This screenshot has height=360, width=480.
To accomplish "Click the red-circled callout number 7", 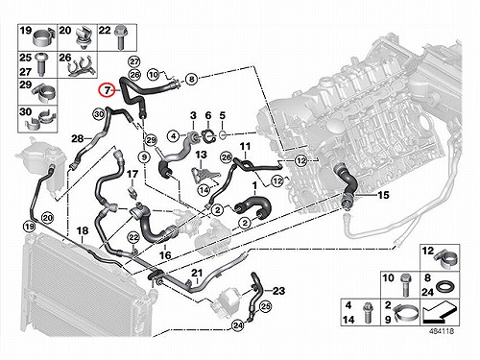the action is [x=107, y=90].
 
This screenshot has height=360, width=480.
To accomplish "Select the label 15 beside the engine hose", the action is [x=383, y=195].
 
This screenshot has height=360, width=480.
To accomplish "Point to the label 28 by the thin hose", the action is [x=78, y=138].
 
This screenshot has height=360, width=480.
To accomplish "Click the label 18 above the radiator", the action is [x=83, y=230].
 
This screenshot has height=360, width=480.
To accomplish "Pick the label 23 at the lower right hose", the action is [x=278, y=291].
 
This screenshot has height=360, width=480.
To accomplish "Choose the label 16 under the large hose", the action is [x=165, y=255].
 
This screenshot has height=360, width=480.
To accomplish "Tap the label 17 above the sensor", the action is [x=132, y=174].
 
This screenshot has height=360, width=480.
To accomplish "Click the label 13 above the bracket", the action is [x=201, y=155].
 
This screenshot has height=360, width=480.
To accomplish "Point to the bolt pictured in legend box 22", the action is [x=121, y=37].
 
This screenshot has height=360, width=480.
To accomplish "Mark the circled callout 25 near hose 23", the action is [x=265, y=307].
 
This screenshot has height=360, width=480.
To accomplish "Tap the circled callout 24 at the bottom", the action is [x=237, y=325].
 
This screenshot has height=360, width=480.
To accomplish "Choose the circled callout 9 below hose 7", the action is [x=144, y=157].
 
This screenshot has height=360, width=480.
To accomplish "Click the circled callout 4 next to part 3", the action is [x=174, y=136].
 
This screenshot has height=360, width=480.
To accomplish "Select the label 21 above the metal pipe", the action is [x=197, y=274].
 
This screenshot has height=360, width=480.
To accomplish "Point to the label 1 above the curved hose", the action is [x=254, y=185].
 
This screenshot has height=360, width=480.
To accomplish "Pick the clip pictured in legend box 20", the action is [x=84, y=38].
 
